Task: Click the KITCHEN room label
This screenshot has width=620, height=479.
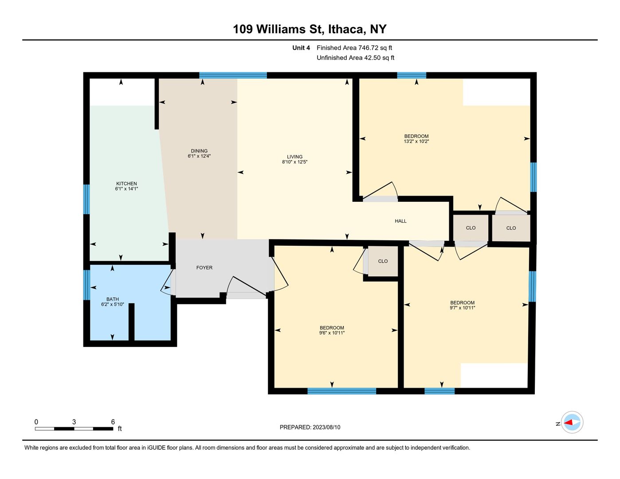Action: click(x=126, y=184)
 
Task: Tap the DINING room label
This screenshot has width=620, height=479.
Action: click(x=199, y=151)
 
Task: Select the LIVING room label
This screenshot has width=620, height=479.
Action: click(x=294, y=157)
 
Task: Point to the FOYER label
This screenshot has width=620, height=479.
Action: click(x=204, y=267)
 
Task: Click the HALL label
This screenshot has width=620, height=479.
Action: click(x=400, y=221)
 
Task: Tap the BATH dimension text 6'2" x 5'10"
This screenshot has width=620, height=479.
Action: click(x=112, y=304)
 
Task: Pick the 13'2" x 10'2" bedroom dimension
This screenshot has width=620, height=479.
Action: click(x=416, y=141)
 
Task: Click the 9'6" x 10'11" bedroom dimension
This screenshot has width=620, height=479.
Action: click(x=332, y=333)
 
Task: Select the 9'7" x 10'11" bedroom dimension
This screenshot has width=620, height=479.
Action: click(x=462, y=307)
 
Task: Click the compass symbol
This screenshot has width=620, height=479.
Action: click(x=572, y=422)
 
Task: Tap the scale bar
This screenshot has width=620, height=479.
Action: click(x=74, y=428)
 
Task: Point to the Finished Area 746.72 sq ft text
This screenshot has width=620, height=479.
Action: click(x=354, y=47)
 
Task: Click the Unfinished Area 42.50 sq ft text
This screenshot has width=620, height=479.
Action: click(x=356, y=58)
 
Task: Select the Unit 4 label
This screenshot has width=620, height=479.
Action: click(x=301, y=47)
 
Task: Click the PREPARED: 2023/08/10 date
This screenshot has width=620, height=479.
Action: click(x=310, y=427)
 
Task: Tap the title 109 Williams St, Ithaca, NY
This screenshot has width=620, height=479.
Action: click(x=310, y=29)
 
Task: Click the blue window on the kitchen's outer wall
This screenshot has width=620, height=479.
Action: click(x=86, y=199)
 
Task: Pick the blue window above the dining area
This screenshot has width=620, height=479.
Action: click(x=233, y=75)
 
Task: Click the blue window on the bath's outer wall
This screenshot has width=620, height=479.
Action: click(x=86, y=285)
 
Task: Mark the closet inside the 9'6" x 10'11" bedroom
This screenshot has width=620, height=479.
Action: click(x=383, y=261)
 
